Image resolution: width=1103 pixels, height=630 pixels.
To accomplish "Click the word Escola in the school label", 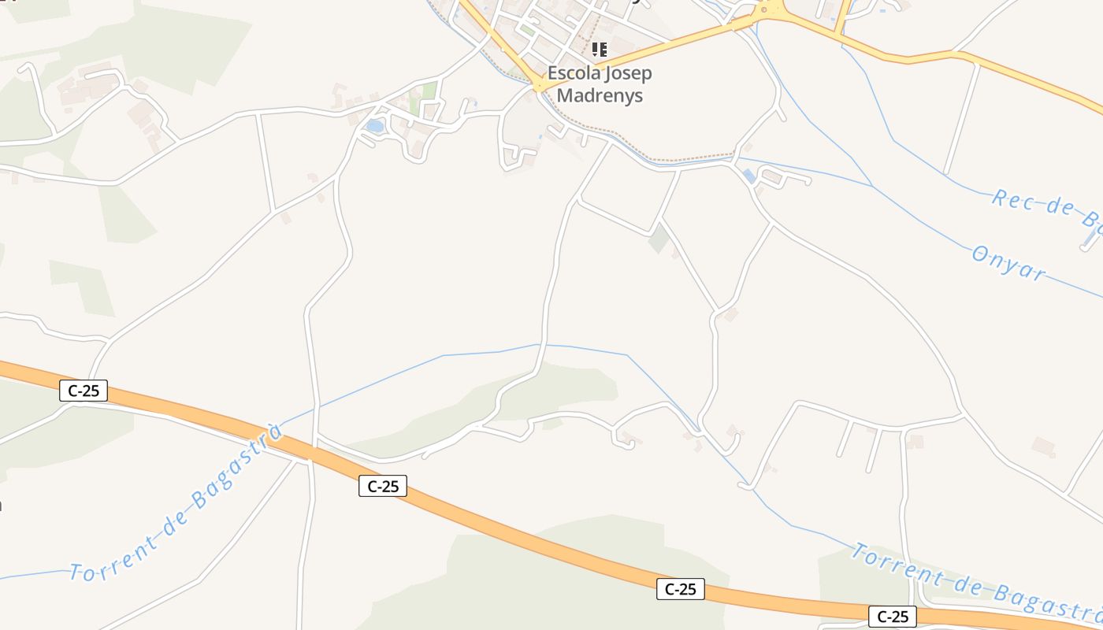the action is pyautogui.click(x=573, y=73).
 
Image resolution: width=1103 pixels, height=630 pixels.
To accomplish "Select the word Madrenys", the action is pyautogui.click(x=600, y=96).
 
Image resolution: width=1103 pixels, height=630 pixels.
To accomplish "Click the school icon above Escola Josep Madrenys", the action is pyautogui.click(x=600, y=50).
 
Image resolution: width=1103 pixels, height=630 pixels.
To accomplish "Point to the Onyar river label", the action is pyautogui.click(x=1008, y=263).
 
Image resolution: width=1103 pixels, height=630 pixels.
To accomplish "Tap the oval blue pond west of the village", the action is pyautogui.click(x=375, y=126).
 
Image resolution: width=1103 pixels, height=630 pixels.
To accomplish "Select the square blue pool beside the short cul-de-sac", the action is pyautogui.click(x=749, y=176).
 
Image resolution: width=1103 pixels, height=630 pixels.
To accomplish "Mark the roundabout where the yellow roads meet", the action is pyautogui.click(x=769, y=10).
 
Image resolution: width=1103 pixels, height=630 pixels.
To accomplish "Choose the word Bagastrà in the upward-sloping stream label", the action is pyautogui.click(x=236, y=469).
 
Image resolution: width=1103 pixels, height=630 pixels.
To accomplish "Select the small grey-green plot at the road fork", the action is pyautogui.click(x=659, y=239).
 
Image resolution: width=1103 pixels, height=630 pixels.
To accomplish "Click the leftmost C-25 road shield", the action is pyautogui.click(x=84, y=390).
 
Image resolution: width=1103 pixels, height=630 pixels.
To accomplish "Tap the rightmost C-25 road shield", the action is pyautogui.click(x=893, y=617).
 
